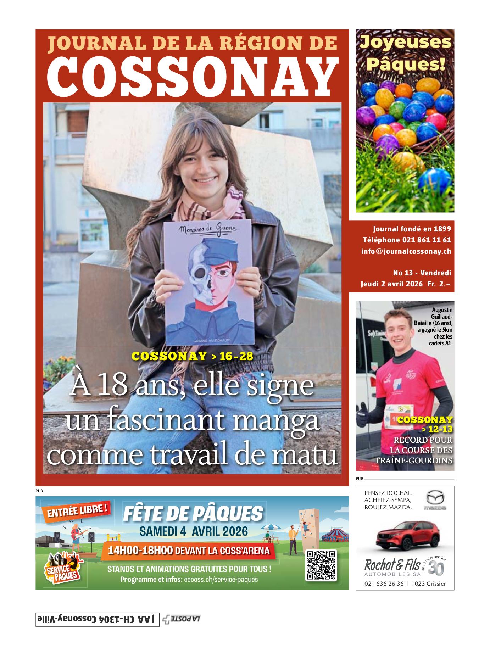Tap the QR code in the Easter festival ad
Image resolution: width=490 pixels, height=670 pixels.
tap(321, 565)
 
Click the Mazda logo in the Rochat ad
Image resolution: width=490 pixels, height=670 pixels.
tap(435, 500)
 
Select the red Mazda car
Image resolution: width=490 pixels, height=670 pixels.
tap(405, 538)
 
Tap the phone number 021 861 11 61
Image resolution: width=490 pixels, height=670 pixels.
tap(427, 240)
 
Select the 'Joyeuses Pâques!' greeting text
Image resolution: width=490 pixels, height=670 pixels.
tap(405, 53)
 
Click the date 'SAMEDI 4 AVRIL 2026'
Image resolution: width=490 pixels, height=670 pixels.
tap(193, 531)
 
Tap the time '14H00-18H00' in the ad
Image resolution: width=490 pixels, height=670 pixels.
tap(140, 550)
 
